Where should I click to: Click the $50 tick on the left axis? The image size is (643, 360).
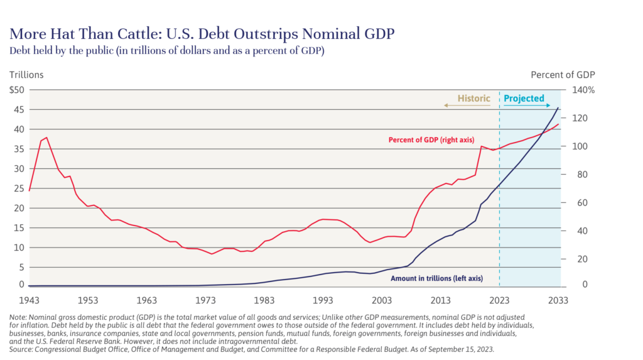16,90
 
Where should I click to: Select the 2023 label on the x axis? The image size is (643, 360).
499,300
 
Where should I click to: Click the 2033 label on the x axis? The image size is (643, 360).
559,300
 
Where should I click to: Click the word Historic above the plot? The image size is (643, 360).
473,99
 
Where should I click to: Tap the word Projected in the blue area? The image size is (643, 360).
524,99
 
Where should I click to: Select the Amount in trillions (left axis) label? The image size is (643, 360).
436,277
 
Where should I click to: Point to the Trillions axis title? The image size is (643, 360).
26,75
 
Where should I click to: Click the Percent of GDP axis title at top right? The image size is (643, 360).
563,75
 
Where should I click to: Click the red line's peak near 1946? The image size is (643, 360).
46,137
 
